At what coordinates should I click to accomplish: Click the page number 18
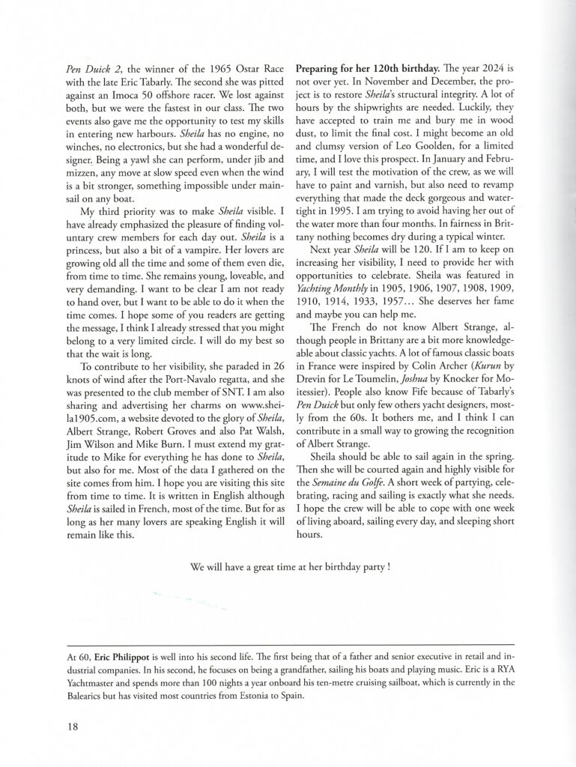tap(73, 726)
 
